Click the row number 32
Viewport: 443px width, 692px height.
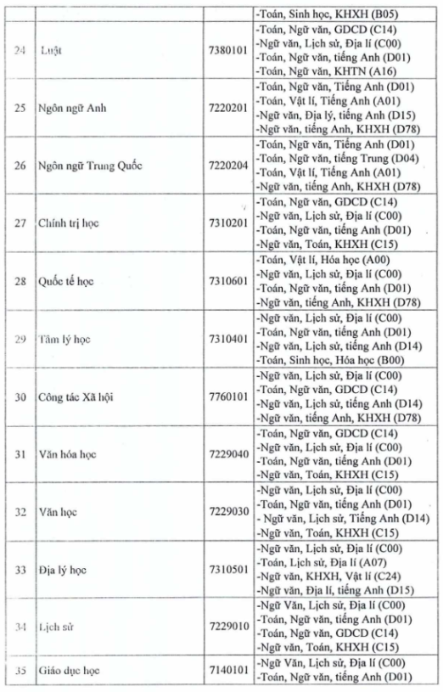[20, 511]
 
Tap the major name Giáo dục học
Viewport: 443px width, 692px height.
[69, 670]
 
